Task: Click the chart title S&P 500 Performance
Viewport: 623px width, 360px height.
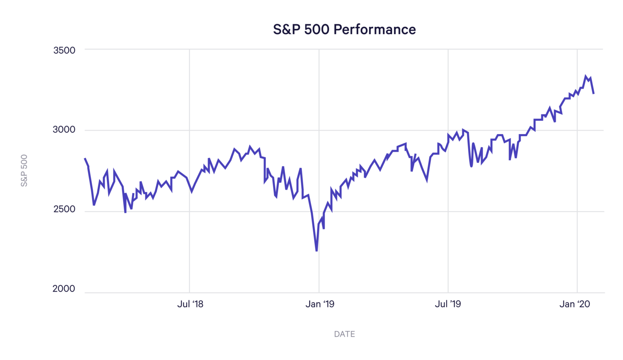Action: tap(344, 30)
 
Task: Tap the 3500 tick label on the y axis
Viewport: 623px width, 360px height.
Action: tap(64, 50)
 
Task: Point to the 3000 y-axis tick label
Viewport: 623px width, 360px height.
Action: tap(64, 130)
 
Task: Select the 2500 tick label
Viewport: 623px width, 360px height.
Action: tap(64, 209)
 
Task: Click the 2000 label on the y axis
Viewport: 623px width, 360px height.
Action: tap(64, 289)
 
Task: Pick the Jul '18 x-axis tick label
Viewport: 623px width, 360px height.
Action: tap(190, 304)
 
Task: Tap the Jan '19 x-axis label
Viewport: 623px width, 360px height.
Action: tap(320, 304)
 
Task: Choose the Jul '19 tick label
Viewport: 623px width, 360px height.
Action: tap(448, 304)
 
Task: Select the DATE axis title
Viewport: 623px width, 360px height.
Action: tap(344, 334)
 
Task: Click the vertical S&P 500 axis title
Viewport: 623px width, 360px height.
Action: tap(24, 170)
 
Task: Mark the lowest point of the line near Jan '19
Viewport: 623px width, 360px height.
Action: tap(316, 251)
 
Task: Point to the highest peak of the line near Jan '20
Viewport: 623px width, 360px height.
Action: tap(586, 76)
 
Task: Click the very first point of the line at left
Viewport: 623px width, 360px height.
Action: tap(85, 159)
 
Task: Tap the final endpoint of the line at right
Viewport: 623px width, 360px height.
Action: tap(593, 94)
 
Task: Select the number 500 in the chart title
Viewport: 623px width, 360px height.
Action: tap(317, 30)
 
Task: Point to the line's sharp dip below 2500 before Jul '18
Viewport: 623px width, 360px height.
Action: tap(125, 212)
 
